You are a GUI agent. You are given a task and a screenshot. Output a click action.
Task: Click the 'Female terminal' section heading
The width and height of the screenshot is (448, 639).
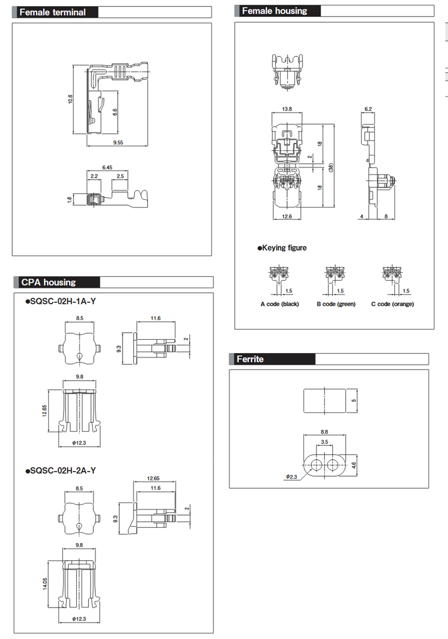53,12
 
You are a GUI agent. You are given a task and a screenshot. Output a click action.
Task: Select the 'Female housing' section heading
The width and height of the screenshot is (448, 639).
274,11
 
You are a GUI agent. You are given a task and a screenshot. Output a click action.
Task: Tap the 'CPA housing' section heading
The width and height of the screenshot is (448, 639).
48,282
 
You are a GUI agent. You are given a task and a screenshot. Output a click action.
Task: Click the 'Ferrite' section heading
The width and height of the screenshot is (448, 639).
250,359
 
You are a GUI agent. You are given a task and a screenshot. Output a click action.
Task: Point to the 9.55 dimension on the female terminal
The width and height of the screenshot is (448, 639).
118,142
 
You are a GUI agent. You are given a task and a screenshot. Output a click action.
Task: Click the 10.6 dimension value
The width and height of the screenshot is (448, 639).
70,99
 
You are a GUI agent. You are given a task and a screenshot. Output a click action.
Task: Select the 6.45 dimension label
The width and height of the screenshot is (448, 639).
107,167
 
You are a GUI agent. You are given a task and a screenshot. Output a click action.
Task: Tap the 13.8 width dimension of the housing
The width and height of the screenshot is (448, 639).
287,109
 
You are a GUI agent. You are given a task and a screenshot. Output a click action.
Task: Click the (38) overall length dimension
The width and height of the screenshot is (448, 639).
331,167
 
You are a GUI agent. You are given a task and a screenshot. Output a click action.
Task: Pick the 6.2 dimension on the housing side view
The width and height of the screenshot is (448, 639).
368,109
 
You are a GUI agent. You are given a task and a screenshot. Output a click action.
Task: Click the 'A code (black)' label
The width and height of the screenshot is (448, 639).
280,304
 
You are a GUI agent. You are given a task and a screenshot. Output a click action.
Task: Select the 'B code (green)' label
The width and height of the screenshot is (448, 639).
336,304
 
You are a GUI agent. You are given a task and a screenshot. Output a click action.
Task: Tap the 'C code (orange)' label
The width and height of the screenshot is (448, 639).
393,304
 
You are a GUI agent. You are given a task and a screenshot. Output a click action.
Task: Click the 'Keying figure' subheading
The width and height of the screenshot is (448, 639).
282,248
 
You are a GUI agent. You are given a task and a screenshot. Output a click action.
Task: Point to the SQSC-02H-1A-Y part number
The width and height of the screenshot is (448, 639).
61,301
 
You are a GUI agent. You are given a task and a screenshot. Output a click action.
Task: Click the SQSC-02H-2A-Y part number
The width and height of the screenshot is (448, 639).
61,470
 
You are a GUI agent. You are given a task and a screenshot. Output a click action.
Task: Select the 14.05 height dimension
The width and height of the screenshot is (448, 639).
45,584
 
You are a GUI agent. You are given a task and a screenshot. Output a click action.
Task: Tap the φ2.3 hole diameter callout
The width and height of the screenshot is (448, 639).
291,477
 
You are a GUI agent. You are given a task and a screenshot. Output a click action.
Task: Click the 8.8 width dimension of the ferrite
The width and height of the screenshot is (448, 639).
324,432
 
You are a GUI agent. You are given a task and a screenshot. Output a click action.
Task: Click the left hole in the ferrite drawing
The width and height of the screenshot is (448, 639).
316,465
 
